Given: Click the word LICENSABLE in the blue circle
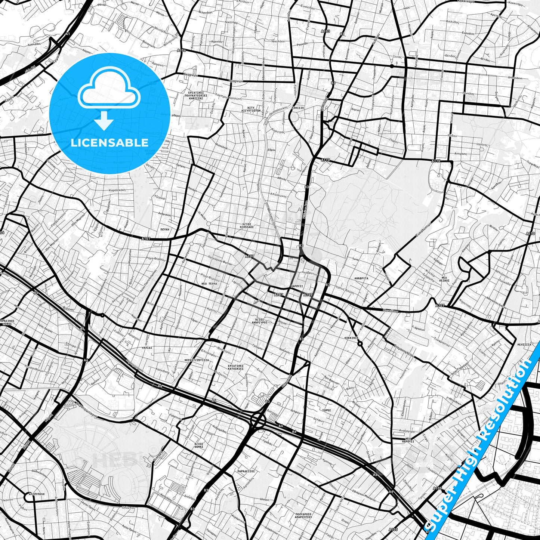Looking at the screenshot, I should point(109,143).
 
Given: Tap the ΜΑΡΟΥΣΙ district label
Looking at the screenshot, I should point(296,286).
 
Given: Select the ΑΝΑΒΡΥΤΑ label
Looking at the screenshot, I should point(361,278).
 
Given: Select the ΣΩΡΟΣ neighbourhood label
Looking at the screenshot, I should point(327,410).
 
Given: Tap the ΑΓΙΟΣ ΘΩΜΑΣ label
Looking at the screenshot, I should point(199,445).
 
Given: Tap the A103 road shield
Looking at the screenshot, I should point(325,31).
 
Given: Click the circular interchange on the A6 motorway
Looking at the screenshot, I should point(258,420).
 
